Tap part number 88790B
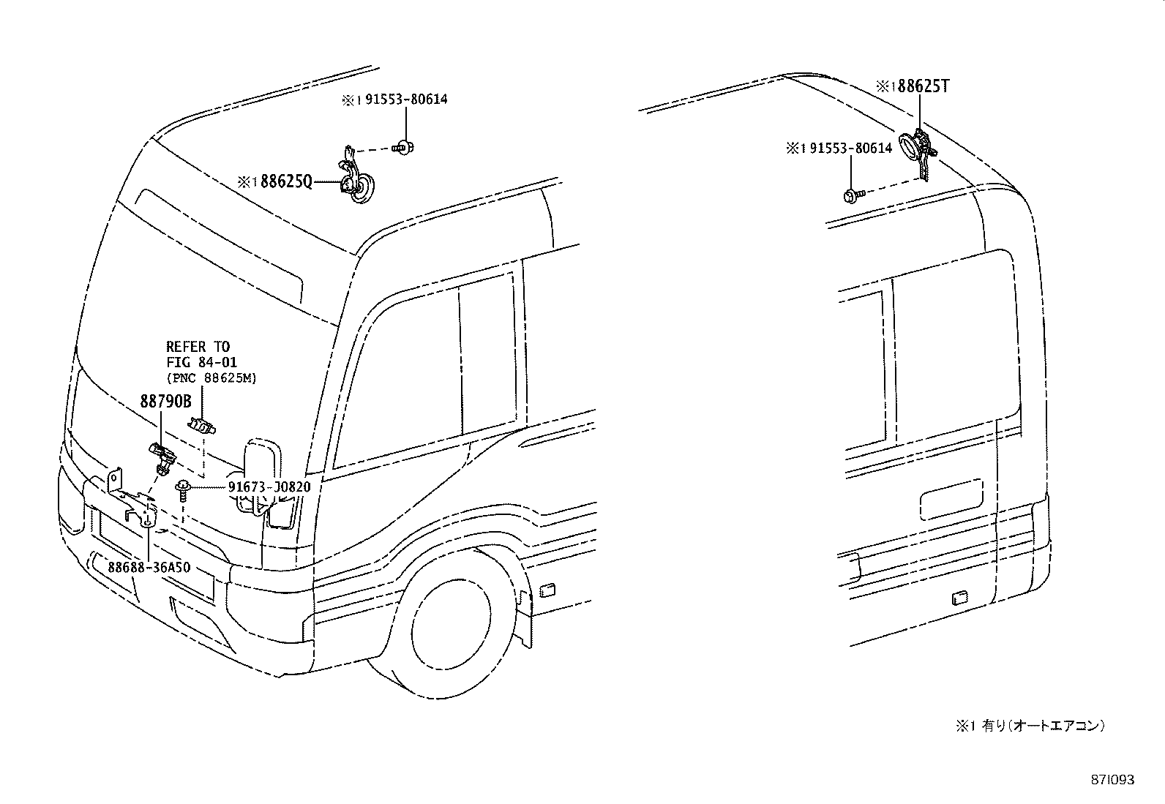tap(165, 401)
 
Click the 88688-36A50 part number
tap(149, 567)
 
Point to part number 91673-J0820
tap(269, 487)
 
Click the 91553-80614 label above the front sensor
tap(401, 99)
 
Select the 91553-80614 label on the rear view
tap(846, 149)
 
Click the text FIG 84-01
tap(202, 362)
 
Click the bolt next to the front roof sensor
tap(402, 148)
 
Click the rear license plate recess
tap(950, 500)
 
